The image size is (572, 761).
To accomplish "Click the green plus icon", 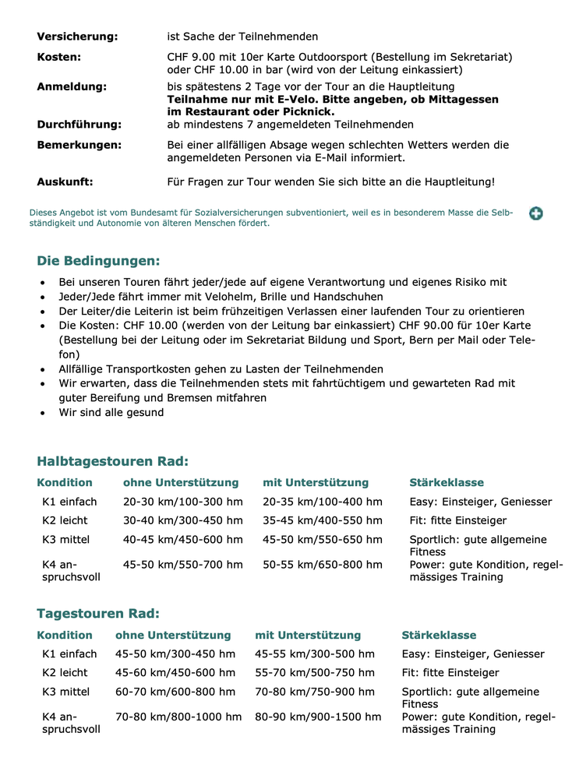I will (536, 213).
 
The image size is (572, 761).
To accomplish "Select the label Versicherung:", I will (77, 37).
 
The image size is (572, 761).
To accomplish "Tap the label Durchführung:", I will (79, 125).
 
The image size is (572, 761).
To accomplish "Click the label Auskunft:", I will (65, 182).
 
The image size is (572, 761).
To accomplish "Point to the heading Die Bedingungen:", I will (98, 260).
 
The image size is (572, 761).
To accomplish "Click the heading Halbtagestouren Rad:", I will (112, 461).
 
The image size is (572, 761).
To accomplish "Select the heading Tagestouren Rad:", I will (98, 613).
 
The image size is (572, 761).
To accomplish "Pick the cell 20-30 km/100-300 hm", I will (182, 502).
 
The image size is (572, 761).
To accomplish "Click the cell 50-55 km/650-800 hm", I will (323, 565).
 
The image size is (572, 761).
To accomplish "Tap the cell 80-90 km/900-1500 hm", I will (318, 717).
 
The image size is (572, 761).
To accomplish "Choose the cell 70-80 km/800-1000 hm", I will (178, 717).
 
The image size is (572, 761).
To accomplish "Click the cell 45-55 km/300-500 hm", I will (315, 654).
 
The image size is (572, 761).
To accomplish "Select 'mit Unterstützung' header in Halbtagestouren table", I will (316, 483).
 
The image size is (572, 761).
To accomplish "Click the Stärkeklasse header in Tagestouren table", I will (439, 636).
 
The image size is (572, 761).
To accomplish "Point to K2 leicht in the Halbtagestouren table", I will (65, 521).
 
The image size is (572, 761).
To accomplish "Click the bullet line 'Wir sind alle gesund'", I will (111, 413).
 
